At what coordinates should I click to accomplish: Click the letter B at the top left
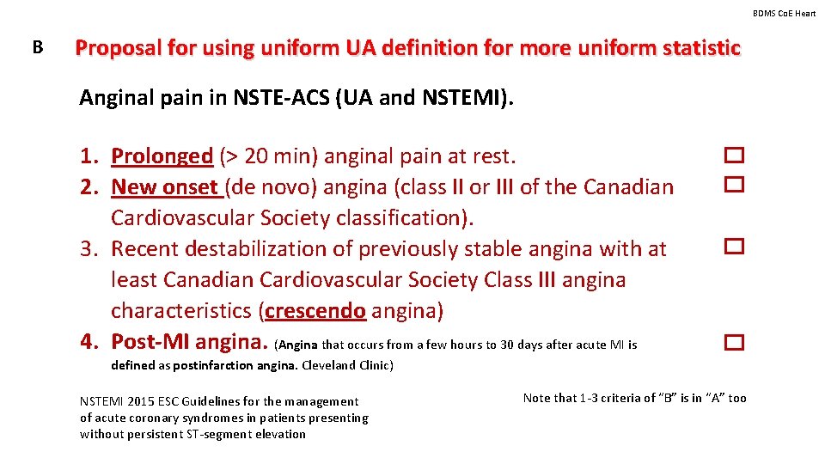coord(37,47)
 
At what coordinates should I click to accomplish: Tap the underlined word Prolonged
coord(162,156)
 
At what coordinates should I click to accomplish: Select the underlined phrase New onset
coord(164,186)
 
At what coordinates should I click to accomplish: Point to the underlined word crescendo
coord(315,310)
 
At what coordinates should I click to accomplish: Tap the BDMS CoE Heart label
coord(784,13)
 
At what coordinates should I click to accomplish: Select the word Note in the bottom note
coord(537,398)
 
